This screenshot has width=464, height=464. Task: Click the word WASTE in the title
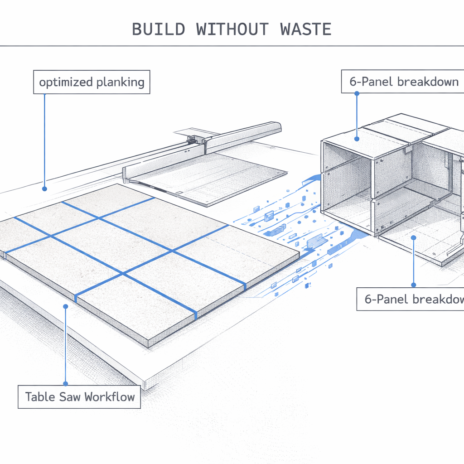[x=306, y=29]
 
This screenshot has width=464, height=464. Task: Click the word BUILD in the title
[x=158, y=29]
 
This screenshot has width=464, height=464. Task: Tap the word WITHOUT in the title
[x=232, y=29]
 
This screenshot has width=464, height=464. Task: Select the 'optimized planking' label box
[x=92, y=82]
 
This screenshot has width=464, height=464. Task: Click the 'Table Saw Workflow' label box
[x=80, y=397]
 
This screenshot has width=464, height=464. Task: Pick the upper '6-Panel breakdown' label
[x=403, y=82]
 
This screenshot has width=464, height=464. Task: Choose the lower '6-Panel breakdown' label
[x=411, y=299]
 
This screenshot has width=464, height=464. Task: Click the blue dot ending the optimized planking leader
[x=44, y=188]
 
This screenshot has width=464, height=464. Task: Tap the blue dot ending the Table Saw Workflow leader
[x=66, y=307]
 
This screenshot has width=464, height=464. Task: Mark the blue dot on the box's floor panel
[x=413, y=237]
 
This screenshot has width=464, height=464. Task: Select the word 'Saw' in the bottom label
[x=71, y=397]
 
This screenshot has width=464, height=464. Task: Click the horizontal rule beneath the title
[x=232, y=46]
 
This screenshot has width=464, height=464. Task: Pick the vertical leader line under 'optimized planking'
[x=44, y=140]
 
